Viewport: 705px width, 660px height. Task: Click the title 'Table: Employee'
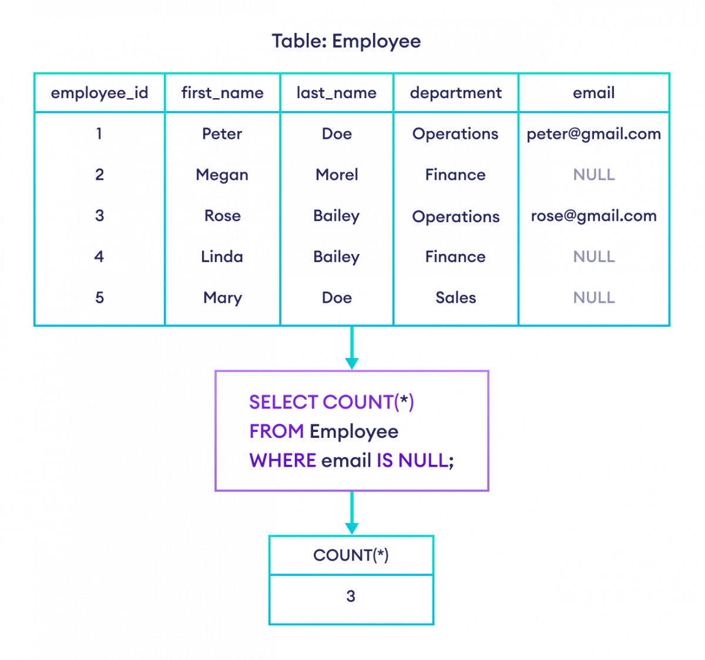coord(346,41)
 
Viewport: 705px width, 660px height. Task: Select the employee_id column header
coord(99,93)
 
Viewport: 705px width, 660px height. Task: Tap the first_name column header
coord(222,93)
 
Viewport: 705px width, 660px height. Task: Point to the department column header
coord(456,93)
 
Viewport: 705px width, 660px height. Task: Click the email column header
coord(593,93)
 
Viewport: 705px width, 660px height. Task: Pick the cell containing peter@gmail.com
coord(593,134)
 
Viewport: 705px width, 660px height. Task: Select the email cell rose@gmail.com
coord(593,216)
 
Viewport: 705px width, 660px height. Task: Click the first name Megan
coord(222,175)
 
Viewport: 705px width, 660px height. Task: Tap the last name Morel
coord(337,175)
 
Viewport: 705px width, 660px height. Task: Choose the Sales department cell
coord(456,297)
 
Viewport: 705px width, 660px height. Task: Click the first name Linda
coord(222,257)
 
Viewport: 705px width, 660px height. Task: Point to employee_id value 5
coord(99,297)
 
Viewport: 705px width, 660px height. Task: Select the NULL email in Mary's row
coord(593,297)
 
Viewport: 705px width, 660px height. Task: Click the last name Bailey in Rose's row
coord(337,216)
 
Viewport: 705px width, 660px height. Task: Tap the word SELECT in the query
coord(284,403)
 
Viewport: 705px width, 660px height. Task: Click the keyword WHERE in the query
coord(283,460)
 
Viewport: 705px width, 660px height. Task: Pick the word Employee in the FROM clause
coord(354,432)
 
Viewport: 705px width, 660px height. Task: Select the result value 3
coord(351,597)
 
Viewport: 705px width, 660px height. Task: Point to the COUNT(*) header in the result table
coord(351,555)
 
